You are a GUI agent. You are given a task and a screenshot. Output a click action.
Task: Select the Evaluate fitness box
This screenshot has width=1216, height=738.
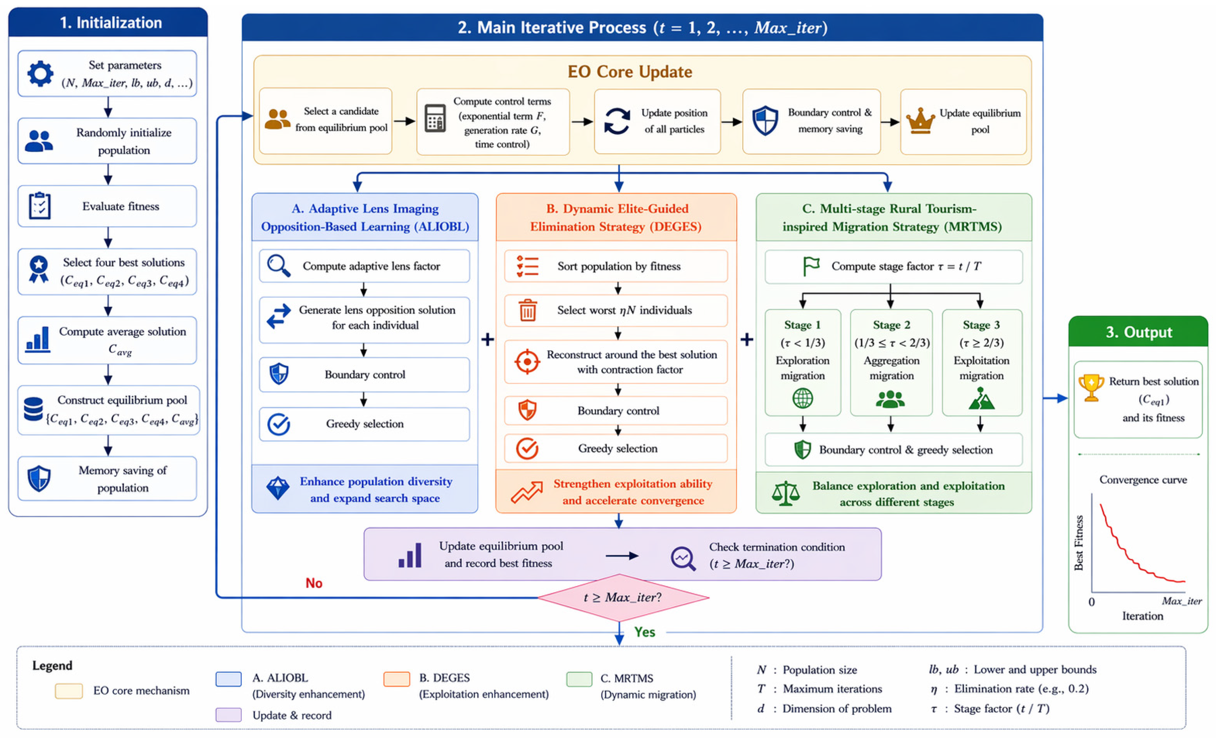pyautogui.click(x=107, y=206)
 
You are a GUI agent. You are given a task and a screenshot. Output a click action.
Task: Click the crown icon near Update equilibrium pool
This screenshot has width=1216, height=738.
pyautogui.click(x=920, y=122)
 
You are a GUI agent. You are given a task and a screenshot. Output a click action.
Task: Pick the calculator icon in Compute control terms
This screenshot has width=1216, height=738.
pyautogui.click(x=435, y=118)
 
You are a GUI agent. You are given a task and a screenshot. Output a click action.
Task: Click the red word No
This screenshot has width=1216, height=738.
pyautogui.click(x=314, y=583)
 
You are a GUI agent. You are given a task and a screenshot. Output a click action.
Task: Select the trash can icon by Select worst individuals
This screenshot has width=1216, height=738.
pyautogui.click(x=527, y=310)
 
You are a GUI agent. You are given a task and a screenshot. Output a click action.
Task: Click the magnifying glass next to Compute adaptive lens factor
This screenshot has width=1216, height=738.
pyautogui.click(x=278, y=266)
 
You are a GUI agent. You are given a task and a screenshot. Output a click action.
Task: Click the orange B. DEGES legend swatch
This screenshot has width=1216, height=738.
pyautogui.click(x=397, y=679)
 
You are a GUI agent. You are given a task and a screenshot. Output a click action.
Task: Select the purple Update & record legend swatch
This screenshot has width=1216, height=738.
pyautogui.click(x=228, y=715)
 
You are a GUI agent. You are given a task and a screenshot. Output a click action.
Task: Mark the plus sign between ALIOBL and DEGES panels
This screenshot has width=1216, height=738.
pyautogui.click(x=488, y=340)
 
